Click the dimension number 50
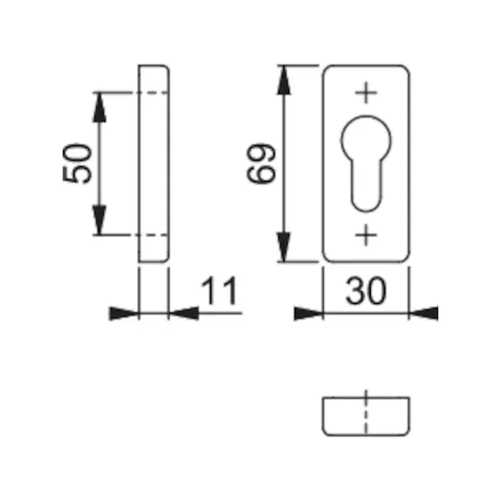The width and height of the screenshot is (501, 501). pos(77,164)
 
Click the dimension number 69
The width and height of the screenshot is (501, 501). pos(261,164)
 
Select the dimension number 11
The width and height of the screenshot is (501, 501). pos(219,291)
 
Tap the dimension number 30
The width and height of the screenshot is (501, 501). pos(366,291)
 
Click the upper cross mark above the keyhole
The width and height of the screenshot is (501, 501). pos(367,93)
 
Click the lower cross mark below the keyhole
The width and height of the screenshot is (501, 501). pos(367,235)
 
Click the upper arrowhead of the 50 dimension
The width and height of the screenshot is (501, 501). pos(99,108)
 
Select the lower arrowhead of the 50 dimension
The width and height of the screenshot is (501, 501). pos(99,220)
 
